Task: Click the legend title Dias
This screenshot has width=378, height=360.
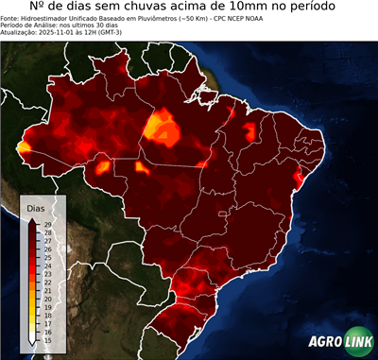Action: [x=37, y=207]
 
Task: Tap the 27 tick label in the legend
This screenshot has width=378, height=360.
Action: [x=46, y=240]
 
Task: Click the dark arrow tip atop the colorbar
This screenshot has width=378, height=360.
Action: [x=32, y=220]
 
